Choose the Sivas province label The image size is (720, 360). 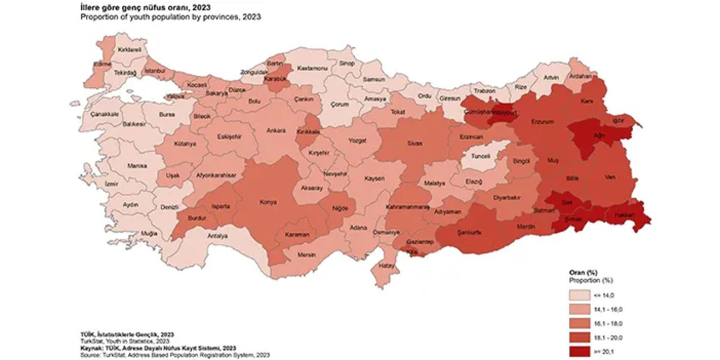point(415,143)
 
